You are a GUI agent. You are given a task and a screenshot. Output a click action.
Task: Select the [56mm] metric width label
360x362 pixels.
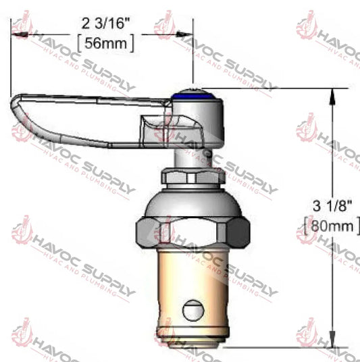[106, 43]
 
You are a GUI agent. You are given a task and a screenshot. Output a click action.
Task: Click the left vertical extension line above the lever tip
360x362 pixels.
[10, 61]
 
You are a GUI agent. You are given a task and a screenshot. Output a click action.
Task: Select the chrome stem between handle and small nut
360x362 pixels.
[194, 154]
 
